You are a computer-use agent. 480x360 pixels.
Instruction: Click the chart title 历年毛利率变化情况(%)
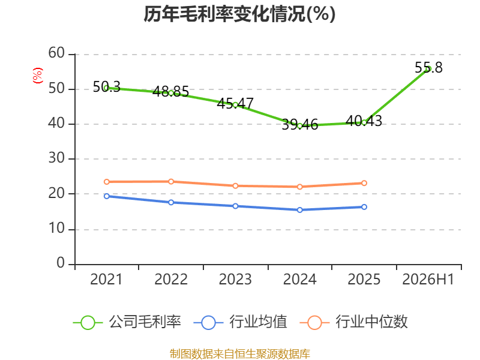point(239,14)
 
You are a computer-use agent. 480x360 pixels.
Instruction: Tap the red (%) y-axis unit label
point(38,76)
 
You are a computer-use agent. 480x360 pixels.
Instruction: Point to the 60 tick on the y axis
point(56,53)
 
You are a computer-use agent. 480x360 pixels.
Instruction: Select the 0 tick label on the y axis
point(61,263)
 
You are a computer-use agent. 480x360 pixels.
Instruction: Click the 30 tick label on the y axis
point(56,158)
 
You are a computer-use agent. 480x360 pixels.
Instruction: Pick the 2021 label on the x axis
point(106,280)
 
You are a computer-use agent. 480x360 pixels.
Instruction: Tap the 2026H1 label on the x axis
point(428,280)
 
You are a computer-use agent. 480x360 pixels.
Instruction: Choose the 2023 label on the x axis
point(235,280)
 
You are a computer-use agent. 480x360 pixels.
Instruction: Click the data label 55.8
point(428,68)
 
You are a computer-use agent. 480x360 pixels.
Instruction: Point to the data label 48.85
point(171,92)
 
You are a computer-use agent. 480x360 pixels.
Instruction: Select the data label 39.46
point(299,125)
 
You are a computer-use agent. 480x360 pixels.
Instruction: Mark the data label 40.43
point(364,121)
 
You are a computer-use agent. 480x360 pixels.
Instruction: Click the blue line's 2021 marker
point(107,196)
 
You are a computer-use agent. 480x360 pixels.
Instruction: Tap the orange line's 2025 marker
point(364,183)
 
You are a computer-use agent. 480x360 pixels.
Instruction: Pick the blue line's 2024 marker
point(299,209)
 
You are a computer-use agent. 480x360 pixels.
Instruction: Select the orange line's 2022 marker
point(171,182)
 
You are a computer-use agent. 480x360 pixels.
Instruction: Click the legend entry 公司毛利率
point(127,322)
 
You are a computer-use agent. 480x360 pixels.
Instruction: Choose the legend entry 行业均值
point(241,322)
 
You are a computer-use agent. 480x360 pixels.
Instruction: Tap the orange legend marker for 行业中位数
point(314,323)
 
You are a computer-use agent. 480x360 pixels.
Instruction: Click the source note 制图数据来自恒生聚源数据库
point(239,354)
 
